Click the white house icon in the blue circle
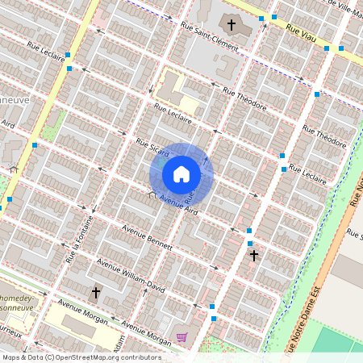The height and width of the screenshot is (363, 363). (181, 173)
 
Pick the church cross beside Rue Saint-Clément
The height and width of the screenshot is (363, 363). (232, 26)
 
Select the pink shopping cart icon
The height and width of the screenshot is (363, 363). (182, 337)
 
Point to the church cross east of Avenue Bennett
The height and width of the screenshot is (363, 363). (253, 256)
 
